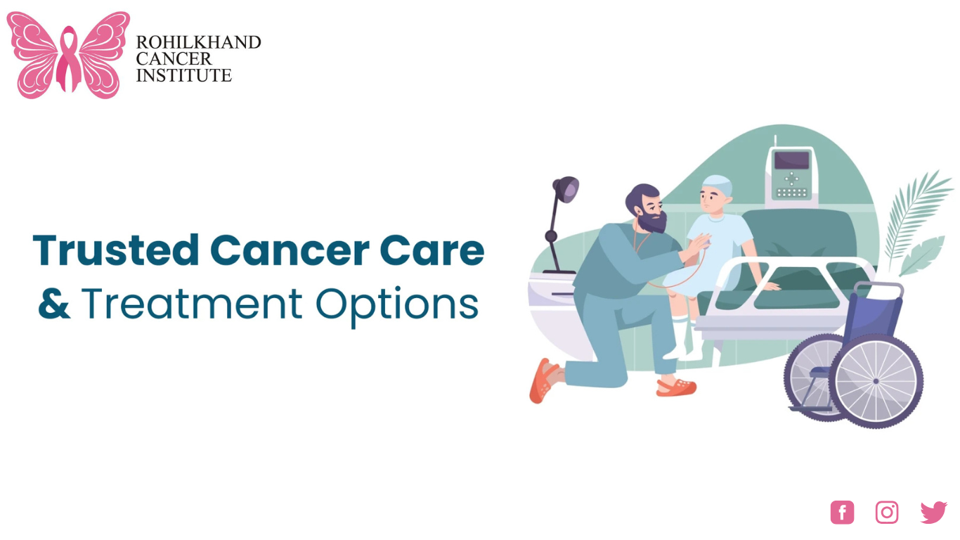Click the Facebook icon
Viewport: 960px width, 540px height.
click(x=842, y=513)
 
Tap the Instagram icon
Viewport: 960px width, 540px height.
click(x=887, y=513)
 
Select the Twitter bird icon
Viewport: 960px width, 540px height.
click(x=933, y=513)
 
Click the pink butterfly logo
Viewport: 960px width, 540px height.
click(x=68, y=55)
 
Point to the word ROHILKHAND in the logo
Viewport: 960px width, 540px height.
click(x=198, y=42)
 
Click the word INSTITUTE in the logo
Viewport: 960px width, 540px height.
click(x=183, y=75)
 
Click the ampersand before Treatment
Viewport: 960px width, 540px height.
click(x=54, y=304)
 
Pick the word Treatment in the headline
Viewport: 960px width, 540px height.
click(x=192, y=304)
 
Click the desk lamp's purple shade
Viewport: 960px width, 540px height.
click(x=566, y=188)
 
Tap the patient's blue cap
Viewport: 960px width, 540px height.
click(x=717, y=186)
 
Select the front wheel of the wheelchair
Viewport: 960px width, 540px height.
click(x=876, y=380)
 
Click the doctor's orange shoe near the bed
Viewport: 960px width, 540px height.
click(x=675, y=387)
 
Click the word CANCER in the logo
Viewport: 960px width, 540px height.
click(x=174, y=59)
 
